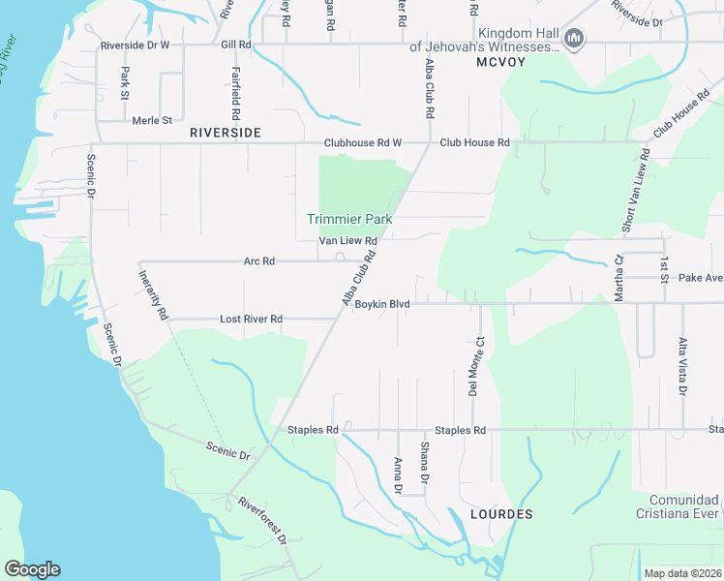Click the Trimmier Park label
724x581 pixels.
[349, 220]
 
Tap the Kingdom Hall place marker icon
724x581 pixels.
[575, 39]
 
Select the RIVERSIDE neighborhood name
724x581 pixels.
[226, 132]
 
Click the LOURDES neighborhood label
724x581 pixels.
[500, 514]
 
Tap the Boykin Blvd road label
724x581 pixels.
[382, 304]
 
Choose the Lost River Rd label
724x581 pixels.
[251, 319]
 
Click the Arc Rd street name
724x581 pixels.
[259, 261]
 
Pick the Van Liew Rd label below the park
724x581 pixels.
[347, 241]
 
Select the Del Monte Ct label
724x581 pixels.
[474, 366]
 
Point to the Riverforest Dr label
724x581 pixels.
[262, 520]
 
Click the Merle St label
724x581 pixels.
[151, 120]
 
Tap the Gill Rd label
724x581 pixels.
[235, 45]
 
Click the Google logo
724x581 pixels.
[32, 569]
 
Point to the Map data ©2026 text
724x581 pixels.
[681, 572]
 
